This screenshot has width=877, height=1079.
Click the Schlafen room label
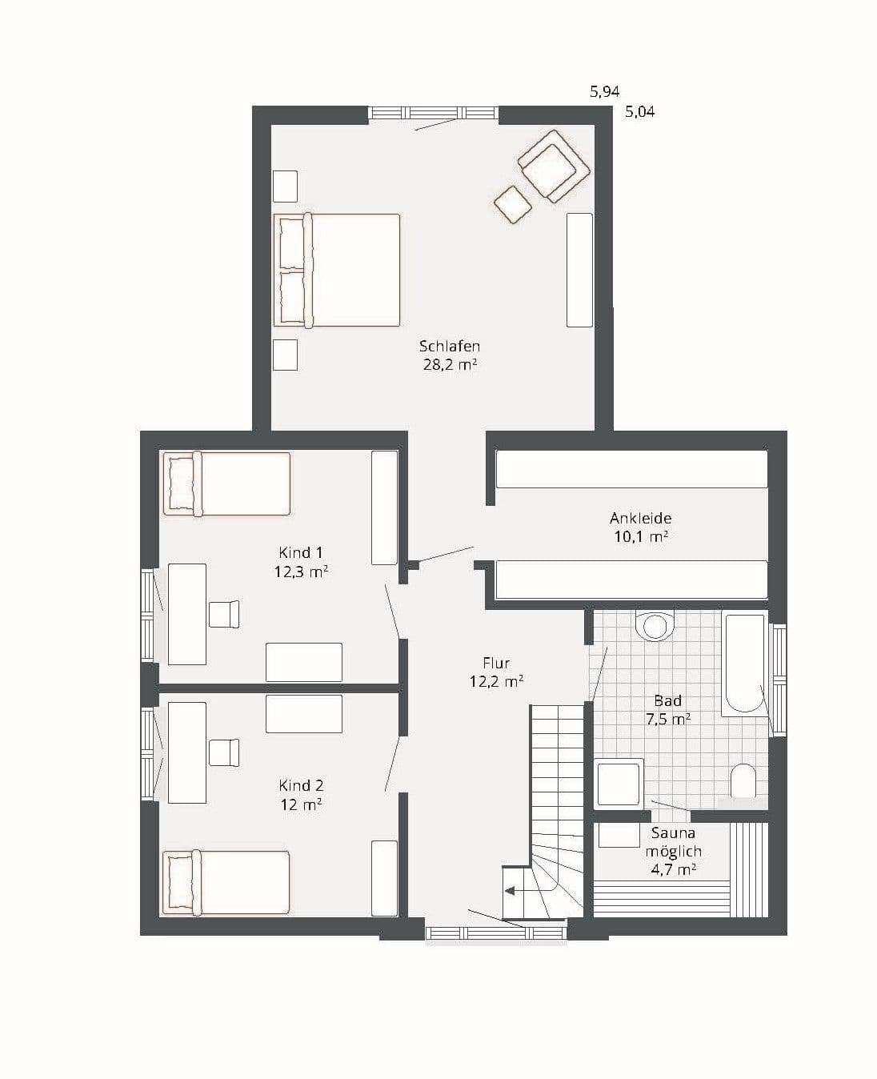click(x=449, y=347)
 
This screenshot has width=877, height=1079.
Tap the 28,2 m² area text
click(x=451, y=365)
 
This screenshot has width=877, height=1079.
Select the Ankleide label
click(x=640, y=518)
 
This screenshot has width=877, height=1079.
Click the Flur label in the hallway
click(x=496, y=663)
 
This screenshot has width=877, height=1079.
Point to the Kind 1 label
click(x=301, y=552)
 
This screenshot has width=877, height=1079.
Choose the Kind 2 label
click(x=301, y=786)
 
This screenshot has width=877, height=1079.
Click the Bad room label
click(x=668, y=701)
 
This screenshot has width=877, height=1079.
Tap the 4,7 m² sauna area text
click(x=673, y=870)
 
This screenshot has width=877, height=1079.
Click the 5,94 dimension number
click(x=605, y=92)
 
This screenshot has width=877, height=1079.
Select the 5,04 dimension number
click(x=639, y=112)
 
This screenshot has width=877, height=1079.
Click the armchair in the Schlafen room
click(x=554, y=166)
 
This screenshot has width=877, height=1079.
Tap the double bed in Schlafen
click(x=337, y=270)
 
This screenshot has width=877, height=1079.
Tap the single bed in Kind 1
click(x=226, y=483)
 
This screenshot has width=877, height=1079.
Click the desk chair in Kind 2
click(x=224, y=752)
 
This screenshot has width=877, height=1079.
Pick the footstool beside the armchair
click(x=513, y=204)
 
